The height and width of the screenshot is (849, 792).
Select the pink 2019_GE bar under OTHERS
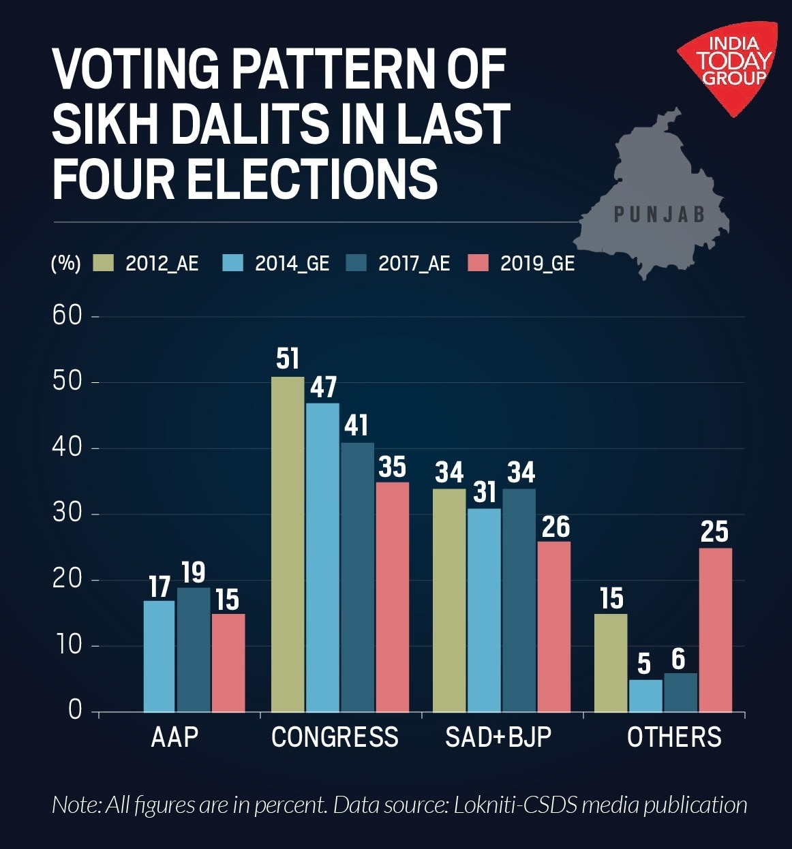tap(715, 630)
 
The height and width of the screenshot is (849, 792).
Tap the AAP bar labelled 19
tap(194, 649)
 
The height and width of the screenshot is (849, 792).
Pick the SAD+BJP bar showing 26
tap(554, 627)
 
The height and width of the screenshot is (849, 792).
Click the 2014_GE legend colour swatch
tap(233, 263)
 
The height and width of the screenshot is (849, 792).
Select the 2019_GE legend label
tap(537, 264)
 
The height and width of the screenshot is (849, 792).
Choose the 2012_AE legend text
tap(162, 264)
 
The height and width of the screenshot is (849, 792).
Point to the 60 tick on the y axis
tap(67, 315)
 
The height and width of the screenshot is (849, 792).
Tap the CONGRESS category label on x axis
tap(335, 737)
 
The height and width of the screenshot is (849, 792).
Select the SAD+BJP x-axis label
tap(498, 737)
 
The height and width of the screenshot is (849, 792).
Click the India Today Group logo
tap(733, 61)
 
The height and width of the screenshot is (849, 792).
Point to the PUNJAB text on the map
tap(659, 215)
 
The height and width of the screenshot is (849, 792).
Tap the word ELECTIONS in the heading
tap(311, 179)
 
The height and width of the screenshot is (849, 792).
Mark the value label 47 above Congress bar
tap(323, 387)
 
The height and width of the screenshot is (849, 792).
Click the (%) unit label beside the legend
tap(65, 264)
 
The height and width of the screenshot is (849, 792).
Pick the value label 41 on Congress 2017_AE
tap(356, 426)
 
